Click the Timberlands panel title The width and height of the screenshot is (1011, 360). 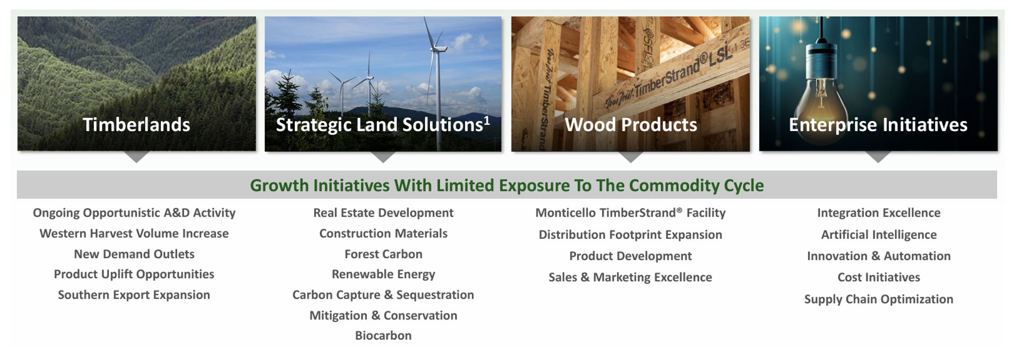click(136, 125)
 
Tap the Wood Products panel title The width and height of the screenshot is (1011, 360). click(631, 125)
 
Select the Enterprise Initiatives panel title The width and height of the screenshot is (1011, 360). click(878, 125)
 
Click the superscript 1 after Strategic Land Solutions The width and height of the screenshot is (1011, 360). click(486, 121)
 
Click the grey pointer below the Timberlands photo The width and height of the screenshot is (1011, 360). click(136, 157)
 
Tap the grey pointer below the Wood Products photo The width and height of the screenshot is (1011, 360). click(631, 157)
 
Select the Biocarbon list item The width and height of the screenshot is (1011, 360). click(383, 336)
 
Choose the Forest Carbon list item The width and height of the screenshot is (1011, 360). click(383, 254)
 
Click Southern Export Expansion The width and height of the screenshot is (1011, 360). click(134, 295)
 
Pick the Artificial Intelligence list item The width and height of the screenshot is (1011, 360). click(879, 235)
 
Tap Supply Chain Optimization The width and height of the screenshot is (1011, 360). click(879, 299)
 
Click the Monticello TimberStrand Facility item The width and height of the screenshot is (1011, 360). click(630, 213)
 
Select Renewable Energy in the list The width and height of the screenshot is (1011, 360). click(383, 275)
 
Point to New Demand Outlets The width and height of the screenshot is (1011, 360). click(134, 254)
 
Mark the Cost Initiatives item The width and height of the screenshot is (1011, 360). click(879, 277)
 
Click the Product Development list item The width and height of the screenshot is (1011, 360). click(630, 256)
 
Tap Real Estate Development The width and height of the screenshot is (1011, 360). click(383, 213)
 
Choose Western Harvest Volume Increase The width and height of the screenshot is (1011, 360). click(134, 234)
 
